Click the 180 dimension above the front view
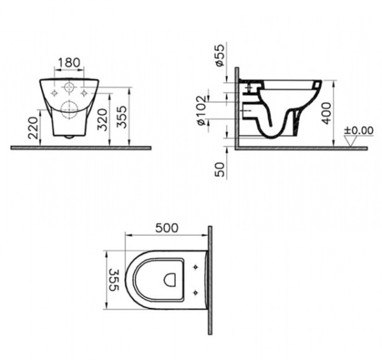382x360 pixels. coord(69,62)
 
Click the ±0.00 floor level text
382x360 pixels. coord(358,130)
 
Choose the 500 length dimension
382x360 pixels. coord(167,228)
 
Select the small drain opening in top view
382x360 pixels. coord(169,278)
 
